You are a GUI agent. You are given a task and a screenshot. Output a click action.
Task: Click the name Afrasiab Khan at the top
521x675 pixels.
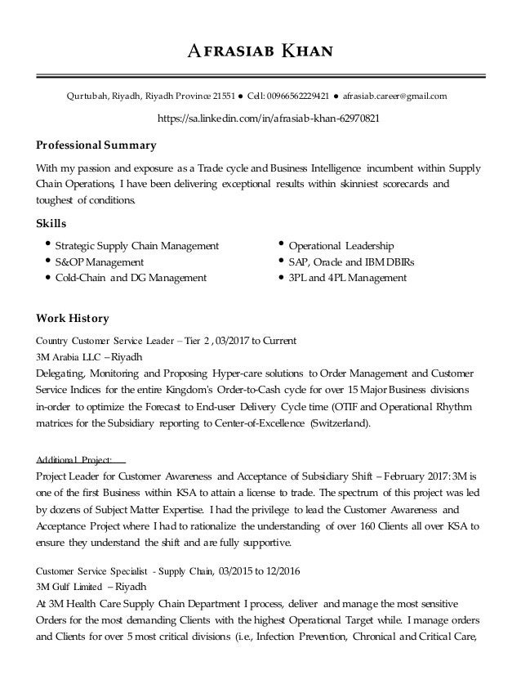click(260, 54)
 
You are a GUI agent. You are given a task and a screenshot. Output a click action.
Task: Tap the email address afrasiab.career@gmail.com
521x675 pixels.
click(394, 96)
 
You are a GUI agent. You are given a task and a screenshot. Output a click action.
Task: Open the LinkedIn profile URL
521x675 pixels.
click(260, 118)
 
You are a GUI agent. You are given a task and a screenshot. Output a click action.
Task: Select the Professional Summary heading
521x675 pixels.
click(96, 146)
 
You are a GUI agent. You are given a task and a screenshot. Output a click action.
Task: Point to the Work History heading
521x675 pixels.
click(73, 317)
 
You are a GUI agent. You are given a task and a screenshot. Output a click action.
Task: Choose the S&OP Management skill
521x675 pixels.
click(100, 262)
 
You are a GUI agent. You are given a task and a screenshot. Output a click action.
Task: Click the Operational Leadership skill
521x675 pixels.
click(341, 245)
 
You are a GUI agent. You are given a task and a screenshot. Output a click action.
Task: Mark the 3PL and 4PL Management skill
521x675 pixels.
click(348, 278)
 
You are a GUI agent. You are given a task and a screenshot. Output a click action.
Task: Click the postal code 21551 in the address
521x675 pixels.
click(221, 96)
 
